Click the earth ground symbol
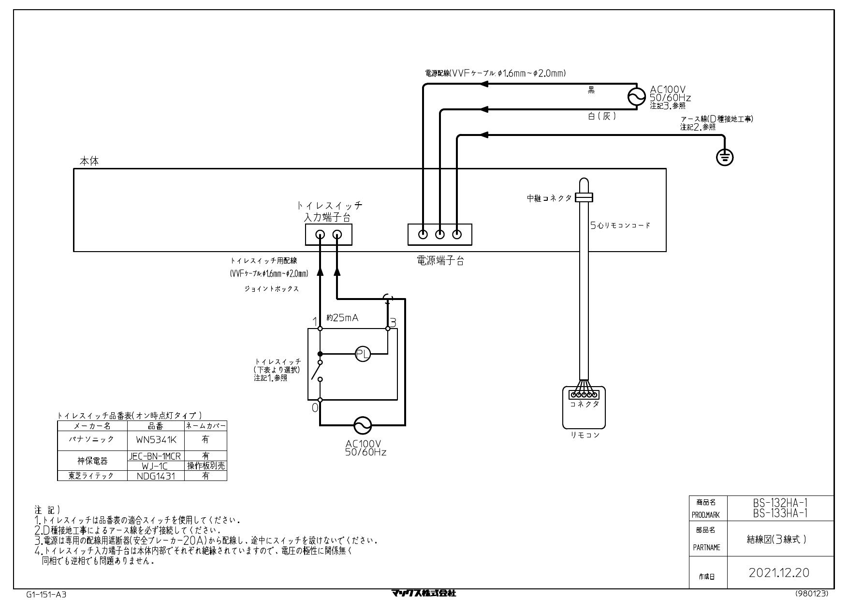724,157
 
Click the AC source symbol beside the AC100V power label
636,97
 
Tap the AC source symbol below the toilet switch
362,425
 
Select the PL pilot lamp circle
363,354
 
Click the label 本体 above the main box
89,161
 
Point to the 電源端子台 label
440,261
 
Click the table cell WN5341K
155,440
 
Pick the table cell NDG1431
155,476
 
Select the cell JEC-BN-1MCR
155,456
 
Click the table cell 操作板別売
206,466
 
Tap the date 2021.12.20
779,573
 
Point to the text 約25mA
342,318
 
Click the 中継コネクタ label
549,198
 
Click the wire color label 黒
591,90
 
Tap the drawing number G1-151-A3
46,594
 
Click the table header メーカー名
92,426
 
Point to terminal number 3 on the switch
393,322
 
